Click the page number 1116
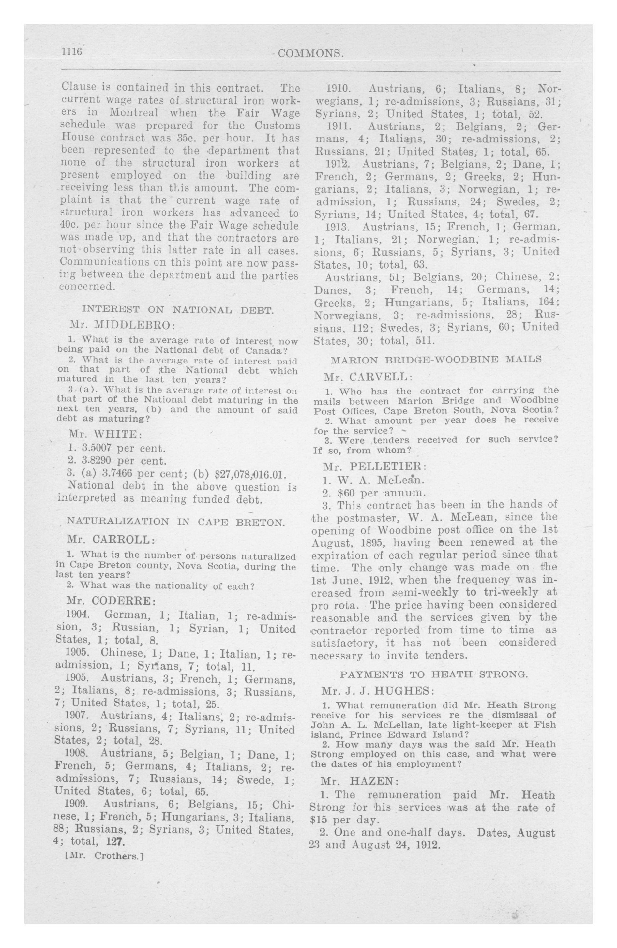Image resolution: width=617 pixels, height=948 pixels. [71, 52]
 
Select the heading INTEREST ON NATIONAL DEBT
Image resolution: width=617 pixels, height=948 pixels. [177, 309]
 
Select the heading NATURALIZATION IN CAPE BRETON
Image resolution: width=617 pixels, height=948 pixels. [176, 522]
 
